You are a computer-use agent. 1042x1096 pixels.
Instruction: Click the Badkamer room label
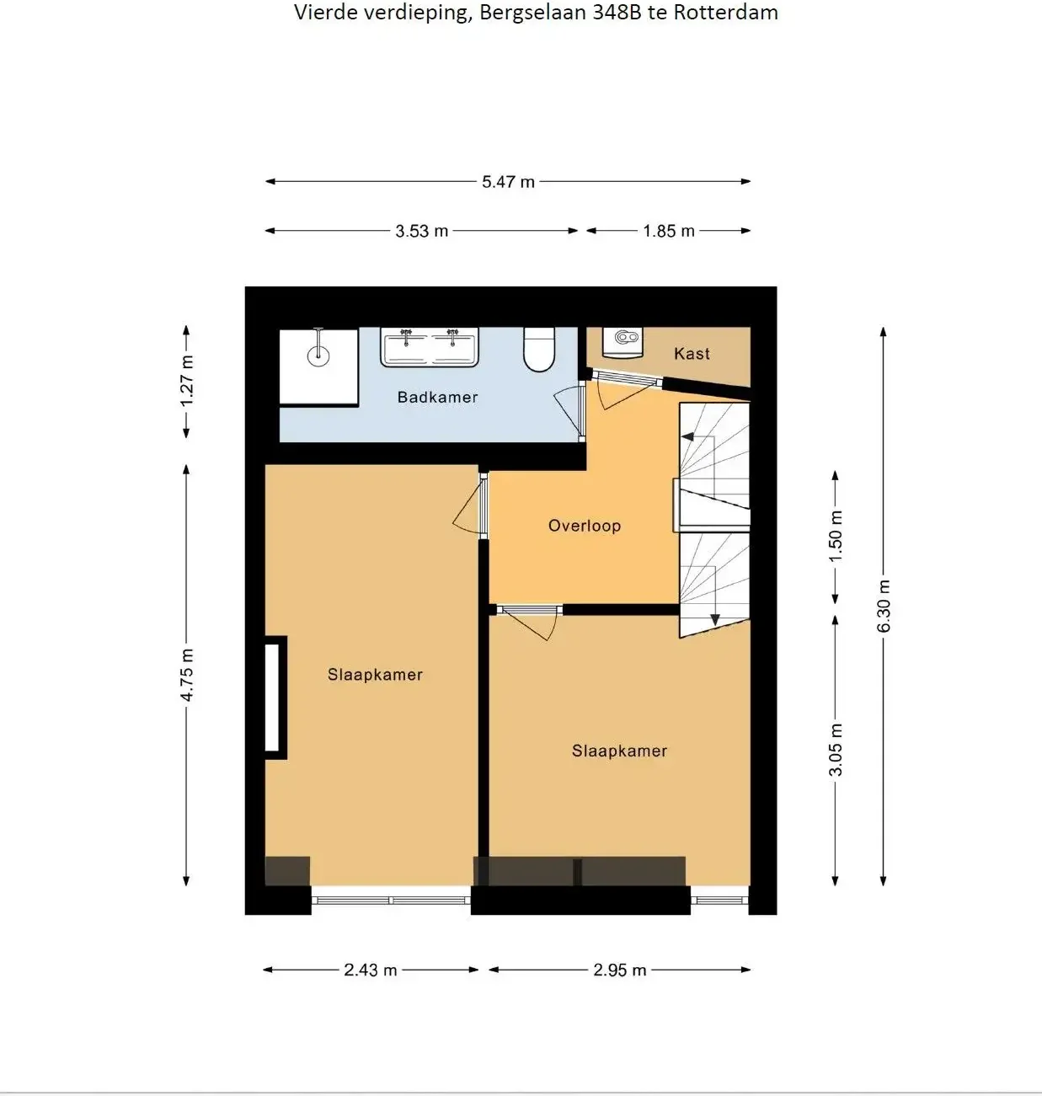click(x=438, y=397)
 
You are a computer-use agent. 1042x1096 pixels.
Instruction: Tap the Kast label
click(x=692, y=354)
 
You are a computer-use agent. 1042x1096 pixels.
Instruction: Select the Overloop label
click(x=585, y=526)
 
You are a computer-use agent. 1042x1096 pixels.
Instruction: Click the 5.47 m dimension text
click(x=509, y=182)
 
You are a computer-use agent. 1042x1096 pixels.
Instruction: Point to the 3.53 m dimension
click(x=421, y=231)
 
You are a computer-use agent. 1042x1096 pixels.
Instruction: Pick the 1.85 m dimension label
click(x=669, y=231)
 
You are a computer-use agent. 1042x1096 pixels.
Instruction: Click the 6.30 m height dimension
click(x=884, y=606)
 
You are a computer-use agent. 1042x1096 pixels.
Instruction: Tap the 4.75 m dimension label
click(x=187, y=675)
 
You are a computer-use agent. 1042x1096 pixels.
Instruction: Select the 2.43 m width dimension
click(x=370, y=970)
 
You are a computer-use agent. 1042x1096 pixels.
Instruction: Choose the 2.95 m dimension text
click(x=619, y=970)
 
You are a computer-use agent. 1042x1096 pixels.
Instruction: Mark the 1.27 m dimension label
click(x=187, y=381)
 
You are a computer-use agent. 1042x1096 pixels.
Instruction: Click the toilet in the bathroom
click(x=539, y=349)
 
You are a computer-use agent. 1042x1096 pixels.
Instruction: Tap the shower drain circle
click(x=318, y=356)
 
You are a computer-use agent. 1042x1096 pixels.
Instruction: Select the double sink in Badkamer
click(x=430, y=347)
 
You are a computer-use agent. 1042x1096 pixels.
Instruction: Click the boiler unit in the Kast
click(x=623, y=342)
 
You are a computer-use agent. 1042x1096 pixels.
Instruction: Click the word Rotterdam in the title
click(x=726, y=13)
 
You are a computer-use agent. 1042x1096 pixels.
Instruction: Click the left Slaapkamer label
click(x=375, y=675)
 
